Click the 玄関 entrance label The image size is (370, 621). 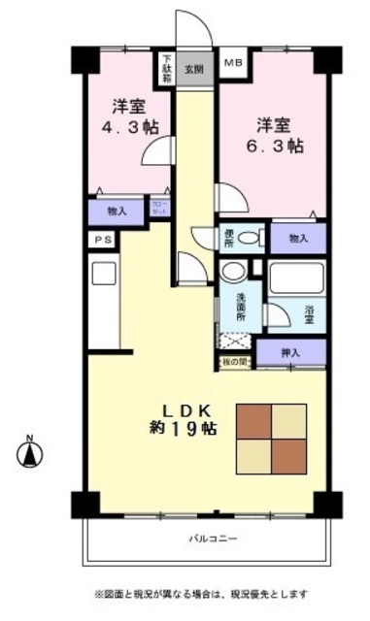pos(195,68)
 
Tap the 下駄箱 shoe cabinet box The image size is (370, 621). pos(166,70)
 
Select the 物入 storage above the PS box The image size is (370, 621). pos(117,211)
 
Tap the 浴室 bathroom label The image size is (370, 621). pos(309,311)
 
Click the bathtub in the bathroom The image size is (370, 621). pos(297,279)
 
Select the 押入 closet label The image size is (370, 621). pos(291,353)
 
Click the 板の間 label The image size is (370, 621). pos(235,363)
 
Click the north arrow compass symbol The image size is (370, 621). pos(30,450)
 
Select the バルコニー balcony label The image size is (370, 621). pos(213,539)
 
